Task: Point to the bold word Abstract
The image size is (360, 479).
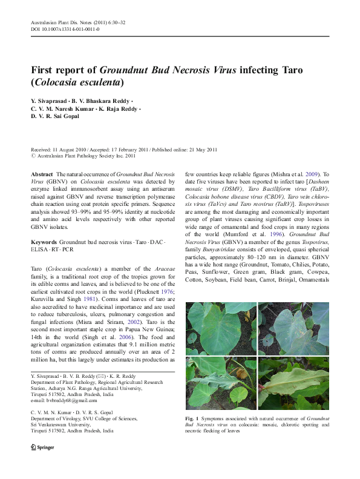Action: pos(42,174)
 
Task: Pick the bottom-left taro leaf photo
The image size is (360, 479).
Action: pos(221,383)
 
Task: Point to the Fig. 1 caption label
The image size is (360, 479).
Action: pos(192,418)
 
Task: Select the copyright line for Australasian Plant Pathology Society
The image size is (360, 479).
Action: pos(83,156)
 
